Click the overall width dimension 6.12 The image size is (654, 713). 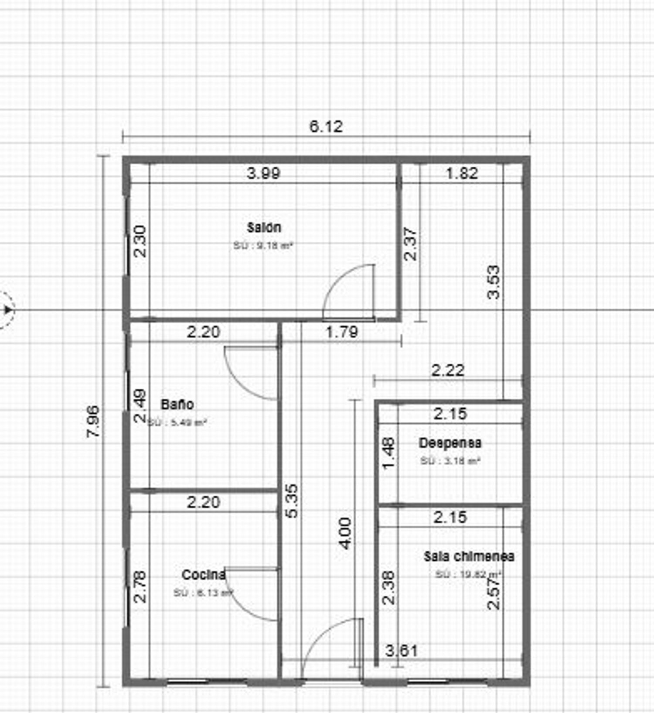point(326,127)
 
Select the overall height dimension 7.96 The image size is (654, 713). point(93,421)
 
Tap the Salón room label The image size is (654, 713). point(264,227)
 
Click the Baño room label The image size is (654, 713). point(177,404)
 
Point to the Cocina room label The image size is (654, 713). point(204,575)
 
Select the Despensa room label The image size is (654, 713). point(450,443)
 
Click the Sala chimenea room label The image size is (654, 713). point(469,556)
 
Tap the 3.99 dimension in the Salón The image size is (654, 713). point(263,174)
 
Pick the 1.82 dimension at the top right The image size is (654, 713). point(462,174)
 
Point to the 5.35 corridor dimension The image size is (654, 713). point(293,500)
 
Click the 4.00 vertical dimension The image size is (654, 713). point(345,533)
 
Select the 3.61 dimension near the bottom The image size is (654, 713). point(402,651)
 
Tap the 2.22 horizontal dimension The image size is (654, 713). point(448,371)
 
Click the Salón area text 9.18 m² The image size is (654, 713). point(263,246)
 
